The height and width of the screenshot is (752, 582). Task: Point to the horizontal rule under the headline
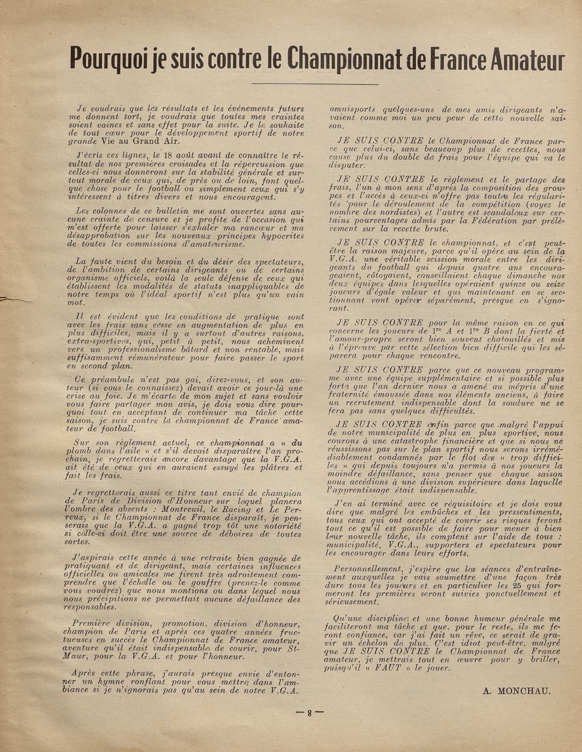tap(320, 84)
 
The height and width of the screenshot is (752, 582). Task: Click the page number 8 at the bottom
tap(309, 713)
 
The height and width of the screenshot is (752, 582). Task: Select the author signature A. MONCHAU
tap(516, 690)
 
